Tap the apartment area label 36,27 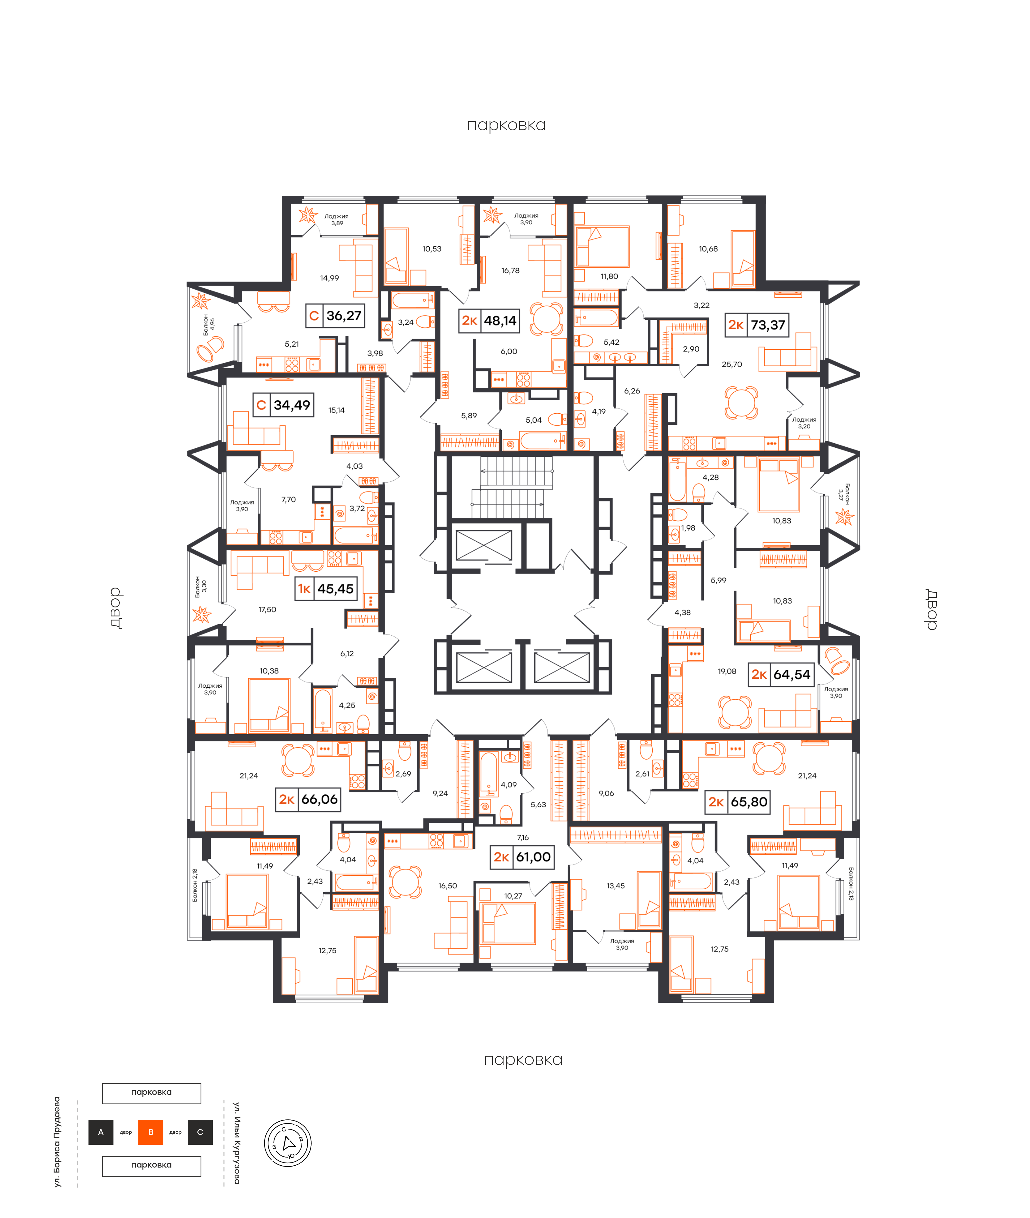(344, 315)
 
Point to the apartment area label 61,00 (533, 857)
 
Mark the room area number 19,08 (727, 671)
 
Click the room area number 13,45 (615, 886)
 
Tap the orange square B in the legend (151, 1132)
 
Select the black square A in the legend (101, 1132)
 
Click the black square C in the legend (200, 1132)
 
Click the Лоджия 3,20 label (804, 423)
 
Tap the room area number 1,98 (688, 527)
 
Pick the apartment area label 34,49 (292, 405)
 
